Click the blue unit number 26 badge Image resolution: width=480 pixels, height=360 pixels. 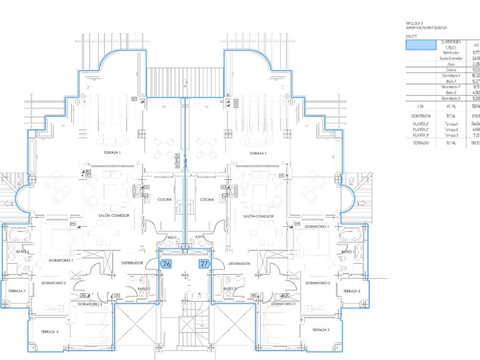pos(166,264)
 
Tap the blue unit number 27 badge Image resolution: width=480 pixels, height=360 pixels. pos(204,264)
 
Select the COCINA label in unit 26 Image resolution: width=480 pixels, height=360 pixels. pos(164,200)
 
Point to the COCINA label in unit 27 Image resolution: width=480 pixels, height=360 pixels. pos(207,200)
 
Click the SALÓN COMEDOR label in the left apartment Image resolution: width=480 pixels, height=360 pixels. pos(113,216)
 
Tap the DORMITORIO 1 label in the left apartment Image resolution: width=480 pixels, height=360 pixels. pos(61,260)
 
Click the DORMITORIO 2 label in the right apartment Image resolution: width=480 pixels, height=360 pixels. pos(317,283)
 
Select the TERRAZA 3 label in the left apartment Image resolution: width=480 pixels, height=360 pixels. pos(49,331)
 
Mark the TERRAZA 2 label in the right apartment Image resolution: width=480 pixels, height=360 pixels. pos(352,291)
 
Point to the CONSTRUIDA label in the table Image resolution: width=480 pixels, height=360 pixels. pos(416,116)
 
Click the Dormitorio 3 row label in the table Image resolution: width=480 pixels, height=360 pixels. pos(451,98)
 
